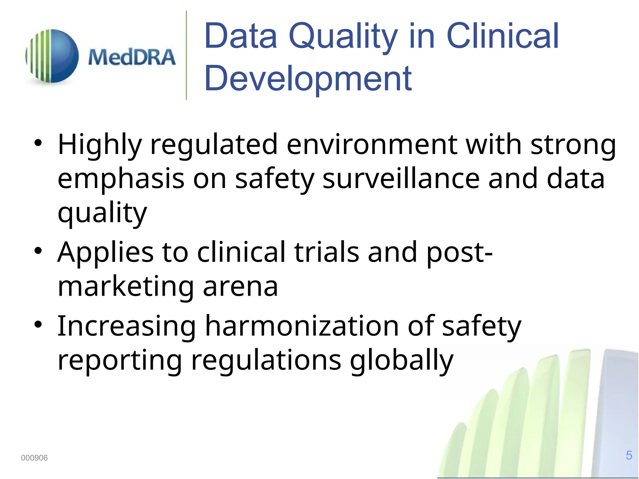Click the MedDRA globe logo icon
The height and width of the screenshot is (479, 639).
[x=52, y=56]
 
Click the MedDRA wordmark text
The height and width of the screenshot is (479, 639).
[x=132, y=57]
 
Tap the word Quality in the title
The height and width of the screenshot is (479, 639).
[x=343, y=37]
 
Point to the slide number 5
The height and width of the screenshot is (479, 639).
[x=629, y=455]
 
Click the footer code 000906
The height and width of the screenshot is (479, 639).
[x=34, y=458]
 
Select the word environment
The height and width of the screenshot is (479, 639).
[x=372, y=145]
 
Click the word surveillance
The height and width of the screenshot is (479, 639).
[x=401, y=179]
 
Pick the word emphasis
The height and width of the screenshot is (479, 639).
[x=121, y=180]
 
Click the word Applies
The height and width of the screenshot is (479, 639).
[x=105, y=253]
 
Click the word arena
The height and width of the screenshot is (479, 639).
[x=240, y=287]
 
